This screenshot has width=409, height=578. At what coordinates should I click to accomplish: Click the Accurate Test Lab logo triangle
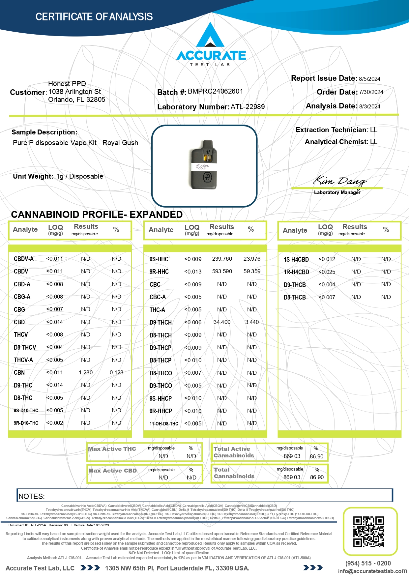click(x=210, y=36)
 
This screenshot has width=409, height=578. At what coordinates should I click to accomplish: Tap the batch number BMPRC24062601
click(x=215, y=91)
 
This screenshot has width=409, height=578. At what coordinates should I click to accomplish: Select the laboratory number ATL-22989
click(x=248, y=107)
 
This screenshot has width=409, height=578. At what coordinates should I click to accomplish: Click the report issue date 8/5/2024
click(x=369, y=79)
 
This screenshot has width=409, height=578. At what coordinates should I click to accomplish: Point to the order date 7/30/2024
click(x=371, y=92)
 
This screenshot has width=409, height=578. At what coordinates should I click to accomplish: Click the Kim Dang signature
click(x=339, y=181)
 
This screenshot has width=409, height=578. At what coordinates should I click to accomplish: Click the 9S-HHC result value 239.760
click(x=222, y=259)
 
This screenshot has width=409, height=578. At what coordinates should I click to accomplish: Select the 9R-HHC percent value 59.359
click(x=252, y=272)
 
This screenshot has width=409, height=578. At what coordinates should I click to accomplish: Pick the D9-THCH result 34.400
click(x=222, y=322)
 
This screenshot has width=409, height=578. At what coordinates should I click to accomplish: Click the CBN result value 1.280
click(x=86, y=373)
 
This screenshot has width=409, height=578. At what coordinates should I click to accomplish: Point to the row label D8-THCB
click(x=295, y=297)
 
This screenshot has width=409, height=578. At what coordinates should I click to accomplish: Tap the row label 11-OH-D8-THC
click(x=164, y=424)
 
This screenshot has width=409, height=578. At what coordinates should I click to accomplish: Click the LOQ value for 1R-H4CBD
click(x=327, y=272)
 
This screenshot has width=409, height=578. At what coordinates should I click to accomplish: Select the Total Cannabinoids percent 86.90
click(x=317, y=477)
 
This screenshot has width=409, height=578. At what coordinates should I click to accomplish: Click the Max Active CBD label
click(x=112, y=471)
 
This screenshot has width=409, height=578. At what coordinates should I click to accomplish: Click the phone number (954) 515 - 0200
click(x=368, y=563)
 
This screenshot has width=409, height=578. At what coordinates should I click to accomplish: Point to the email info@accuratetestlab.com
click(x=372, y=571)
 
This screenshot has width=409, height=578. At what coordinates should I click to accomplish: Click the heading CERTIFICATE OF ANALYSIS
click(x=94, y=17)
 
